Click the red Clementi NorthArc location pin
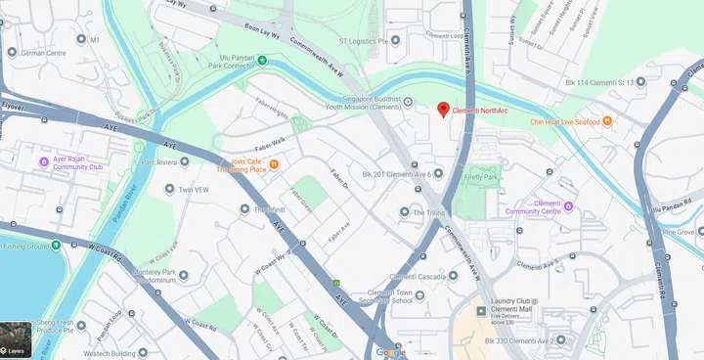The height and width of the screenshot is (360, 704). click(443, 110)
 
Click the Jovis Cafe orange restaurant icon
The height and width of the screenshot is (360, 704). click(275, 164)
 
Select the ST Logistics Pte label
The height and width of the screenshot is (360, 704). click(370, 41)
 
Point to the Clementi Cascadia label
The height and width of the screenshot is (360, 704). click(418, 276)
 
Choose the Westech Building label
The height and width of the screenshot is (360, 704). click(108, 353)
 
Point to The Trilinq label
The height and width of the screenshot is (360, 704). click(428, 212)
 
